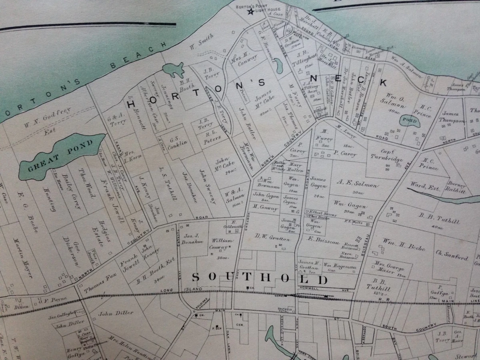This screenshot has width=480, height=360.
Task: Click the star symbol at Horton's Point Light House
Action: pyautogui.click(x=251, y=12)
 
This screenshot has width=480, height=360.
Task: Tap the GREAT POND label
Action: pyautogui.click(x=60, y=156)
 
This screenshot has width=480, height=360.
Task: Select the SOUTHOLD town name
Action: pyautogui.click(x=260, y=278)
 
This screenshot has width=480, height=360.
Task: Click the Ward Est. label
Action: pyautogui.click(x=423, y=186)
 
